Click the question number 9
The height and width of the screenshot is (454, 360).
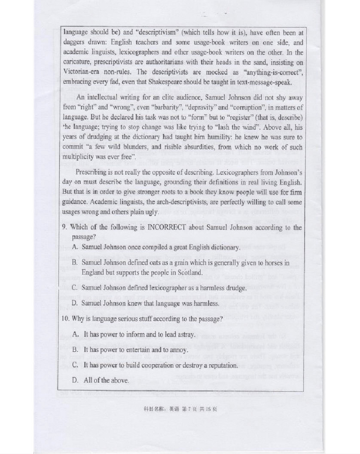click(x=64, y=227)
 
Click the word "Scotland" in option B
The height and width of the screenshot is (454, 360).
click(x=186, y=273)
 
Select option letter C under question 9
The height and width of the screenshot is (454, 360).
click(x=75, y=287)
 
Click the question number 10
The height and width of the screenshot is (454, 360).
click(x=65, y=319)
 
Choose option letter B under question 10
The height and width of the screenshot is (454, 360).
click(x=75, y=350)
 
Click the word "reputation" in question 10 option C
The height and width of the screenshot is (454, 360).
click(x=221, y=365)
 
